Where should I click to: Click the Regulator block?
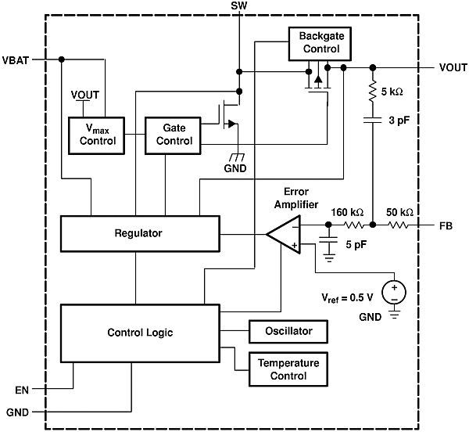pyautogui.click(x=138, y=233)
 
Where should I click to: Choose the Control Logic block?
pyautogui.click(x=140, y=333)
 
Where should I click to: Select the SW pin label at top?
pyautogui.click(x=238, y=6)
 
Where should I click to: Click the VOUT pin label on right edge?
pyautogui.click(x=453, y=68)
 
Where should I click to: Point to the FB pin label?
pyautogui.click(x=446, y=225)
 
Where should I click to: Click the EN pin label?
pyautogui.click(x=21, y=388)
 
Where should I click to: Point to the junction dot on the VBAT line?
pyautogui.click(x=61, y=59)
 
